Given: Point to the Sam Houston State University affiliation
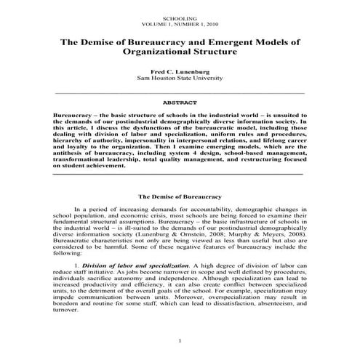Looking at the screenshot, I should [x=180, y=80].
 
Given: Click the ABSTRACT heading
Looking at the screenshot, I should [x=180, y=103].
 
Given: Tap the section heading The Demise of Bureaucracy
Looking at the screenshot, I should [x=180, y=196].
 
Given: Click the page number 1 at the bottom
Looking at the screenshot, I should [x=180, y=341].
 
